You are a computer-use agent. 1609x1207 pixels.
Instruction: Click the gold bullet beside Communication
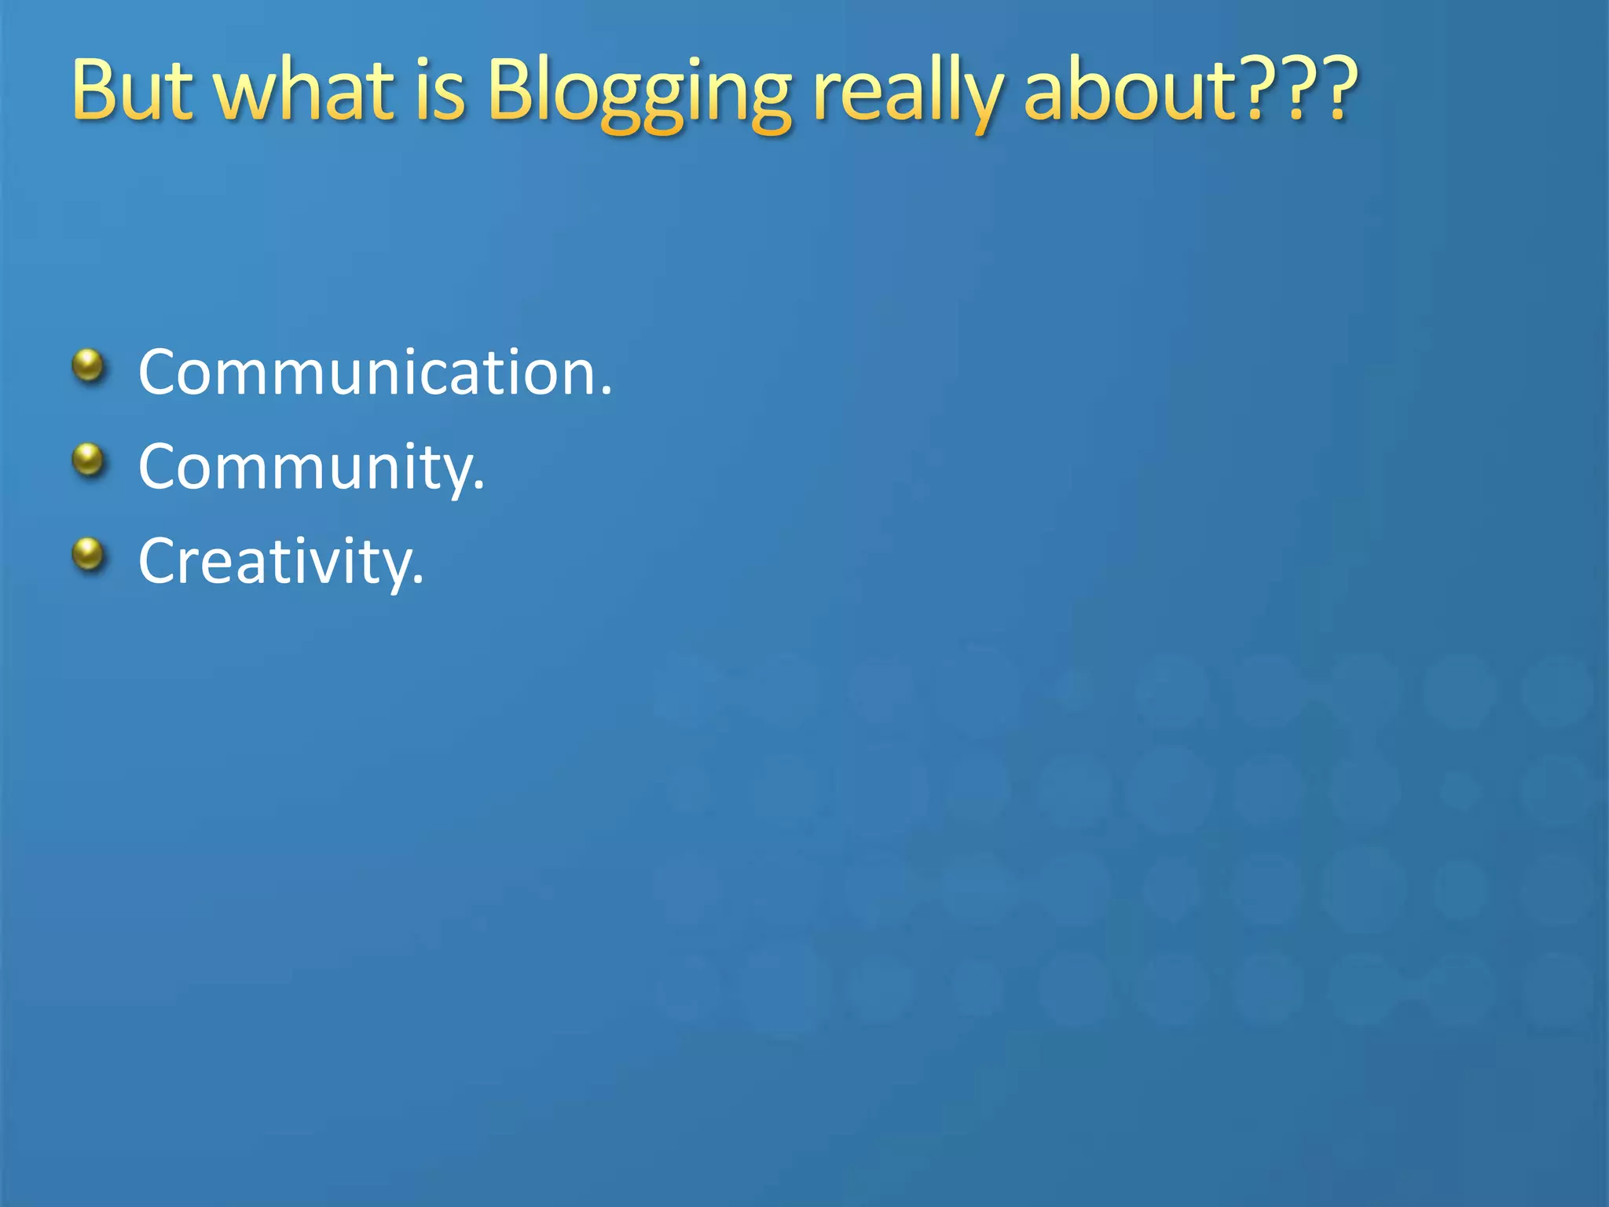point(88,365)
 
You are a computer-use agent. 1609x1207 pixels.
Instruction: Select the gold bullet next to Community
point(88,460)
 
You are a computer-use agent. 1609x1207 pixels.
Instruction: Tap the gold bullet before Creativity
point(88,554)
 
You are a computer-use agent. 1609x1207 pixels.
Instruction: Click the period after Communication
point(606,393)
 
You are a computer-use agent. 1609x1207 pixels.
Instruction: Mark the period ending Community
point(479,488)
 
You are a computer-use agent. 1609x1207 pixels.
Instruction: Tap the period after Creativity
point(418,582)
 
